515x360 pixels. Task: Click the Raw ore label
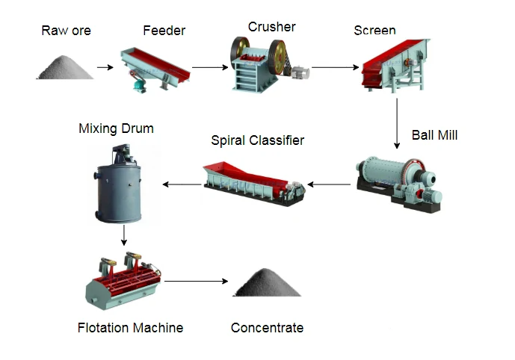pyautogui.click(x=66, y=31)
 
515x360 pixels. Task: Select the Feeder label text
pyautogui.click(x=164, y=31)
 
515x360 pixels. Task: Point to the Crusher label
pyautogui.click(x=271, y=27)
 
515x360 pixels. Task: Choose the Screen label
pyautogui.click(x=374, y=31)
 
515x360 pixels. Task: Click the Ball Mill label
pyautogui.click(x=434, y=135)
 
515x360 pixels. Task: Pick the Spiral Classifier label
pyautogui.click(x=257, y=140)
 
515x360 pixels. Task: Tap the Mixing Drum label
pyautogui.click(x=116, y=128)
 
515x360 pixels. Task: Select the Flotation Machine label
pyautogui.click(x=130, y=327)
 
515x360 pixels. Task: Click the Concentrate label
pyautogui.click(x=267, y=327)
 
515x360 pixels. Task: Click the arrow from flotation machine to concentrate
pyautogui.click(x=196, y=281)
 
